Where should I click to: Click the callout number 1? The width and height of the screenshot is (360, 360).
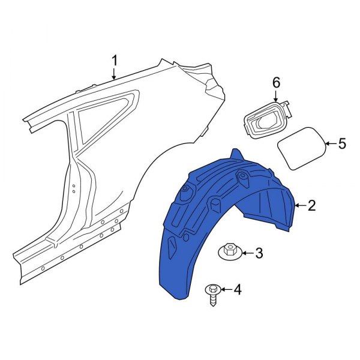(x=115, y=60)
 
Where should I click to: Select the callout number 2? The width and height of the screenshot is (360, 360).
(x=311, y=206)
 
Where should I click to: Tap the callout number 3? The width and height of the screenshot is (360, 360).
(x=259, y=254)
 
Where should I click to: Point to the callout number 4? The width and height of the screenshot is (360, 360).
(x=237, y=290)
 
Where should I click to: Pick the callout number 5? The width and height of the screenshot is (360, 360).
(x=342, y=143)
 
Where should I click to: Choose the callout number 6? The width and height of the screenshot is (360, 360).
(x=277, y=82)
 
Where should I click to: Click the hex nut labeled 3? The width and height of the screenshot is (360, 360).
(x=230, y=253)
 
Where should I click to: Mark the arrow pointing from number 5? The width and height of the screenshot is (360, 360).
(x=330, y=143)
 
